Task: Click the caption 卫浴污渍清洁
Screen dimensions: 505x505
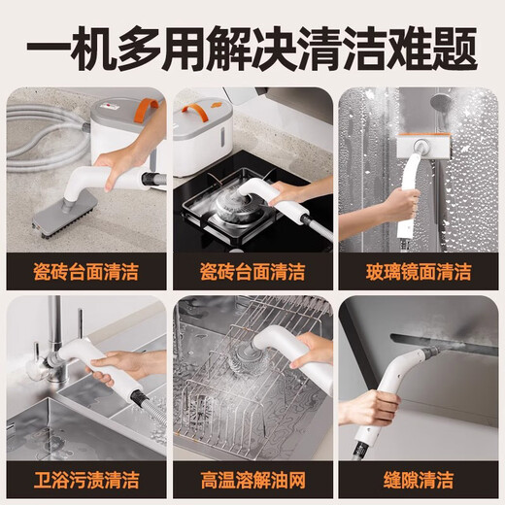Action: tap(85, 479)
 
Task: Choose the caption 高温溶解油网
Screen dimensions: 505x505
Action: tap(252, 479)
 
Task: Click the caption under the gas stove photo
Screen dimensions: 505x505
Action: tap(252, 271)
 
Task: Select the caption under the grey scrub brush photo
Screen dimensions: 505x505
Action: tap(85, 271)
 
